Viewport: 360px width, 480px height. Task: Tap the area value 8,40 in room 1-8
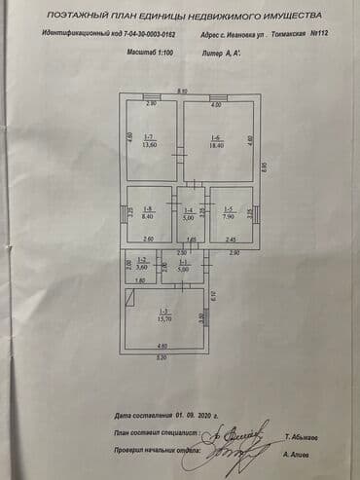(x=149, y=216)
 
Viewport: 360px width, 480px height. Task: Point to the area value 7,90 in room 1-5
(x=229, y=216)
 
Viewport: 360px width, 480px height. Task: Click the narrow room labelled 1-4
(x=190, y=213)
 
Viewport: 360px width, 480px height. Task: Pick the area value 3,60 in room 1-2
(x=141, y=267)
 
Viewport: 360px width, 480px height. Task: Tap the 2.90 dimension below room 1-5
(x=234, y=252)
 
